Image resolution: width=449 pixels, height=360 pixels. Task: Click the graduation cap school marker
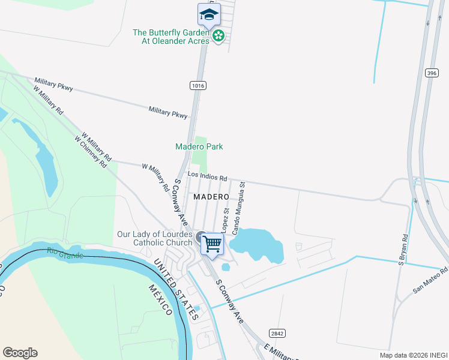click(x=209, y=14)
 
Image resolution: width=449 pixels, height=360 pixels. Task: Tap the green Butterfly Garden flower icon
click(x=219, y=36)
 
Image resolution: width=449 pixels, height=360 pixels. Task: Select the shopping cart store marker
click(x=212, y=244)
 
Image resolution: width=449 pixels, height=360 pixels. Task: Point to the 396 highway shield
click(x=432, y=73)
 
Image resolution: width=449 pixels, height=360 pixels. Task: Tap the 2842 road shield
click(x=277, y=333)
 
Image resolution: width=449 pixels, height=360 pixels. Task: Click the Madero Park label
click(x=199, y=146)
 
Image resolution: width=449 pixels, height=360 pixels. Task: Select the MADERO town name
click(x=211, y=197)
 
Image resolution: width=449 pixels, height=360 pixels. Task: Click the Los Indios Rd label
click(x=207, y=177)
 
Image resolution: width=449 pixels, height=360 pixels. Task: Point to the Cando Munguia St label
click(x=239, y=208)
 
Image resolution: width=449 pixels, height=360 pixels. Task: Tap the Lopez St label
click(x=225, y=221)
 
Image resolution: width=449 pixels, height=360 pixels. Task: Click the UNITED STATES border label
click(x=175, y=289)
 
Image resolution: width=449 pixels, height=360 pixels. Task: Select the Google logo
click(x=20, y=353)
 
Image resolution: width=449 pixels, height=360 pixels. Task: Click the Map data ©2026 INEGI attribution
click(x=413, y=355)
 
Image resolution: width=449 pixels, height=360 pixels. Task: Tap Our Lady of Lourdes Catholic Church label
click(x=155, y=238)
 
